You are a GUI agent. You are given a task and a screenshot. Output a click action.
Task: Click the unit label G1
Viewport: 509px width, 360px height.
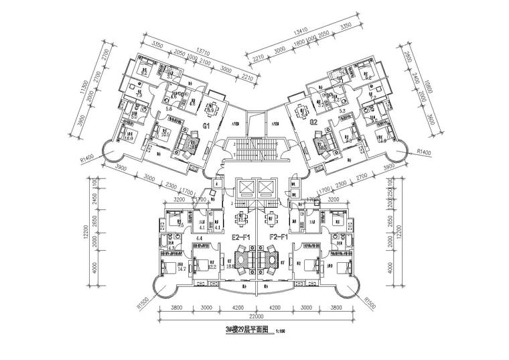click(207, 125)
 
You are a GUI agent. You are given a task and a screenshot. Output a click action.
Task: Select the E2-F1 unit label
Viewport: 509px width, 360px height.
click(240, 237)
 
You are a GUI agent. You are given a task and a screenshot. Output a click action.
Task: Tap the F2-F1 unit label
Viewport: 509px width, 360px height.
click(278, 237)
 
